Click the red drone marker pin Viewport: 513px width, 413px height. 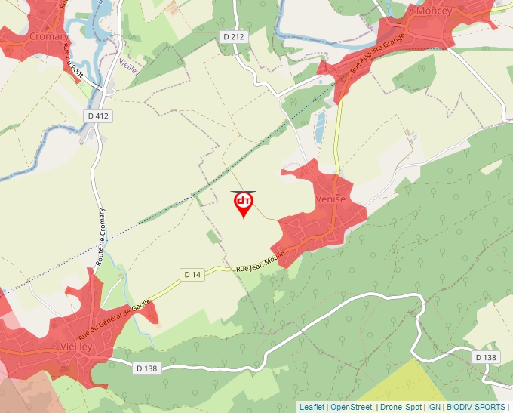243,203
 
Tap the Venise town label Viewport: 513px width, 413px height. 330,199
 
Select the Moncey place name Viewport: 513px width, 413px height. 433,12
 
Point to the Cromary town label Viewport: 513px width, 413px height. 48,36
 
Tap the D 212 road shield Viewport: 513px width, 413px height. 234,36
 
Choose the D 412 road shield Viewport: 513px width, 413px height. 98,116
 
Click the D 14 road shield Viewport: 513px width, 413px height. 192,275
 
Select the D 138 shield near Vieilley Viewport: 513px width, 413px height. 147,368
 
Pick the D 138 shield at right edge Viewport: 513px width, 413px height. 487,356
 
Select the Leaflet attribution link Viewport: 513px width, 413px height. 312,407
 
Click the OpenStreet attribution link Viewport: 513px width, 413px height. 351,407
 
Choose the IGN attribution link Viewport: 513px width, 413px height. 434,407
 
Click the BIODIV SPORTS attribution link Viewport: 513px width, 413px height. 475,407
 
